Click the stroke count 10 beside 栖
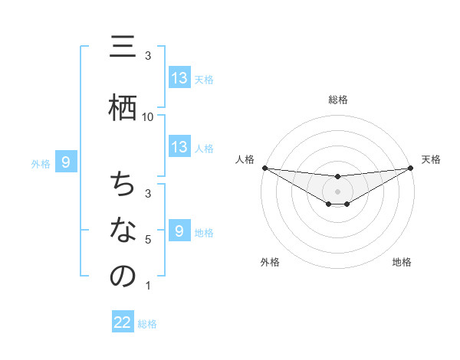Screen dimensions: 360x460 pyautogui.click(x=148, y=116)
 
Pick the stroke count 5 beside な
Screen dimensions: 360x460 pyautogui.click(x=148, y=240)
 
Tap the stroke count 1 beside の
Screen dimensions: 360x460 pyautogui.click(x=148, y=286)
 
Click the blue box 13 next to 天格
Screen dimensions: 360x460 pyautogui.click(x=179, y=78)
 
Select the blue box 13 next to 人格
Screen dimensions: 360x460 pyautogui.click(x=179, y=147)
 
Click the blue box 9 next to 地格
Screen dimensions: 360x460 pyautogui.click(x=179, y=231)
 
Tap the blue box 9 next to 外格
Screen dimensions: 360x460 pyautogui.click(x=66, y=162)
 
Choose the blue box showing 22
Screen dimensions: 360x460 pyautogui.click(x=123, y=322)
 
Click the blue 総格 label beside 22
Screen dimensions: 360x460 pyautogui.click(x=147, y=324)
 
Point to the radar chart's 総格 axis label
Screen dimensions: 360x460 pyautogui.click(x=337, y=100)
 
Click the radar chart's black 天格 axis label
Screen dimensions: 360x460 pyautogui.click(x=431, y=159)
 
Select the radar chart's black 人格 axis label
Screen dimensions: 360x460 pyautogui.click(x=245, y=159)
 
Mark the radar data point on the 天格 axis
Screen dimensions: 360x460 pyautogui.click(x=410, y=168)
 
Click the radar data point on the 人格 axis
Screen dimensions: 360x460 pyautogui.click(x=264, y=168)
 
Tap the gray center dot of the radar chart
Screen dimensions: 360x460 pyautogui.click(x=337, y=191)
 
